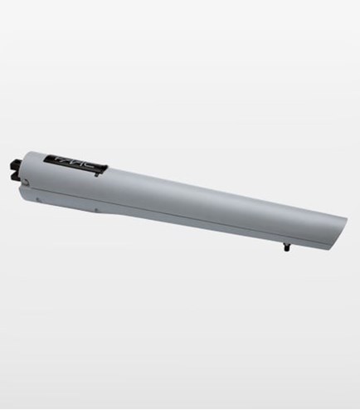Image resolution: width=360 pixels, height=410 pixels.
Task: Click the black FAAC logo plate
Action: pos(80,163)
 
